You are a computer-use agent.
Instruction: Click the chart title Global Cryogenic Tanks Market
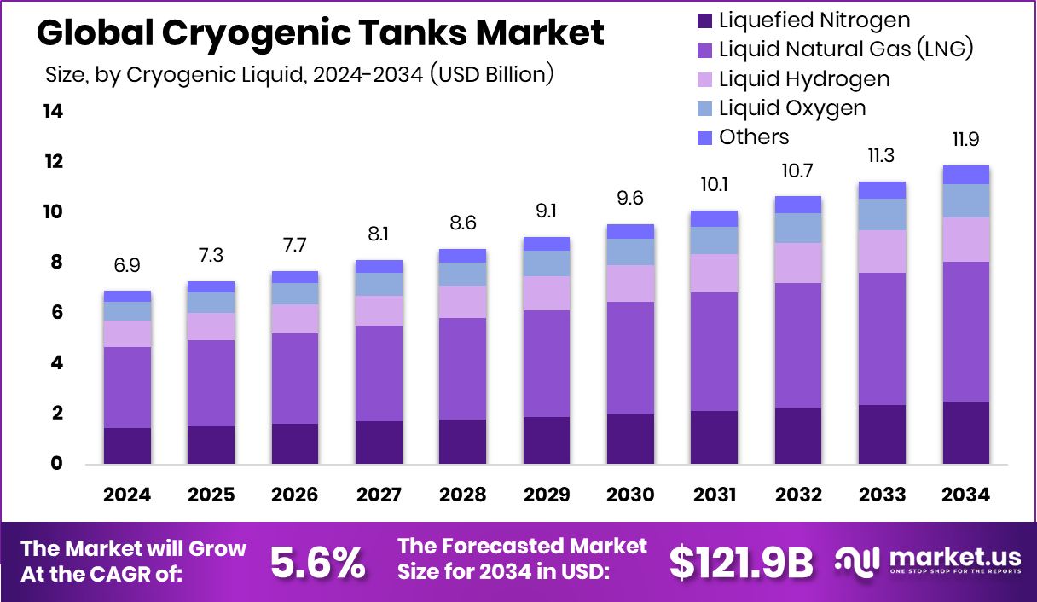pyautogui.click(x=321, y=33)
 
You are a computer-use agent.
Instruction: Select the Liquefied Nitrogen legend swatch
pyautogui.click(x=704, y=20)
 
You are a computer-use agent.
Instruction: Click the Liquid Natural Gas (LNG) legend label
pyautogui.click(x=846, y=49)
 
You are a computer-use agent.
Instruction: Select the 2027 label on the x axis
pyautogui.click(x=378, y=495)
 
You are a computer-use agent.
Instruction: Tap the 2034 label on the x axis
pyautogui.click(x=966, y=495)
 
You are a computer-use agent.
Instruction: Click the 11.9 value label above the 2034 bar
pyautogui.click(x=966, y=139)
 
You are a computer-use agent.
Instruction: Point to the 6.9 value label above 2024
pyautogui.click(x=127, y=265)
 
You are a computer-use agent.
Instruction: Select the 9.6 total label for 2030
pyautogui.click(x=630, y=199)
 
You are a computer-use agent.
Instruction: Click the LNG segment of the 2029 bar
pyautogui.click(x=547, y=363)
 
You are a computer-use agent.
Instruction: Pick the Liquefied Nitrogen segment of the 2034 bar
pyautogui.click(x=966, y=432)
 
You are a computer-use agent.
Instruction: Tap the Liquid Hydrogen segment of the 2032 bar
pyautogui.click(x=798, y=263)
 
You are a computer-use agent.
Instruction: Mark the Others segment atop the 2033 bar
pyautogui.click(x=883, y=190)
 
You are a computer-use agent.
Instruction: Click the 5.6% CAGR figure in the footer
pyautogui.click(x=317, y=562)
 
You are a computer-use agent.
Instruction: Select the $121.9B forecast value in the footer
pyautogui.click(x=740, y=562)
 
